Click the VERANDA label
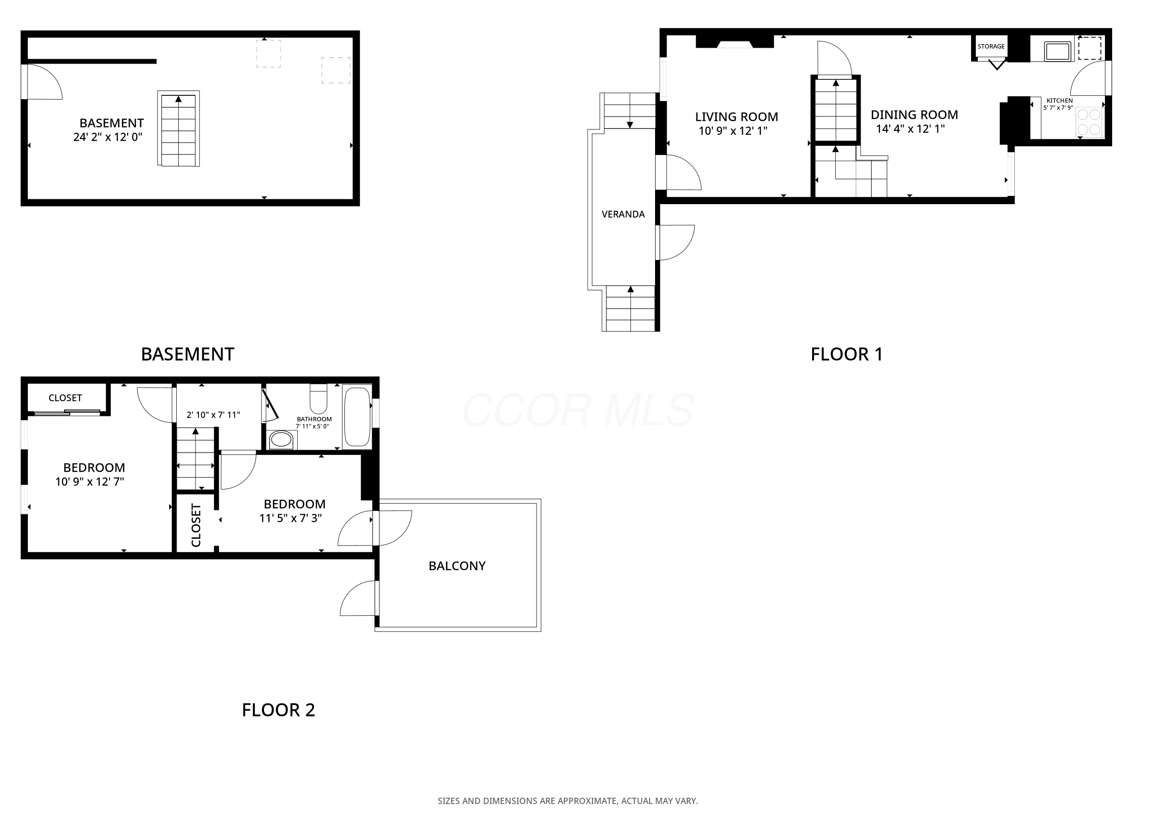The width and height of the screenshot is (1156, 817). pos(623,214)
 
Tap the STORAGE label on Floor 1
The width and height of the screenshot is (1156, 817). pos(991,46)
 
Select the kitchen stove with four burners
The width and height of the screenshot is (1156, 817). pos(1090,122)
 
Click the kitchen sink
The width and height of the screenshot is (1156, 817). pos(1057,52)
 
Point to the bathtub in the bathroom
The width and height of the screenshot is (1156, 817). pos(357,416)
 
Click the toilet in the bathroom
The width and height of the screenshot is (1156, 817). pos(318,399)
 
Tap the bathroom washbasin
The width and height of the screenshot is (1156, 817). pos(281,440)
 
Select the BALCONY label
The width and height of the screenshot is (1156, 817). pos(457,566)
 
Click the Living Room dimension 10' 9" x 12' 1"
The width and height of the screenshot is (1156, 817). pos(733,131)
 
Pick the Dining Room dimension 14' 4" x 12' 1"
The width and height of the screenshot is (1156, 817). pos(910,129)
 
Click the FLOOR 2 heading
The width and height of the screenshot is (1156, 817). pos(278,710)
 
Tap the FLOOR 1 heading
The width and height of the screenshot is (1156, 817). pos(847,354)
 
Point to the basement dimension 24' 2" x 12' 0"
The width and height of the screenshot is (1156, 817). pos(108,137)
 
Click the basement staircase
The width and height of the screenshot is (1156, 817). pos(178,129)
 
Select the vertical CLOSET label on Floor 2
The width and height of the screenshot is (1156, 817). pos(197,525)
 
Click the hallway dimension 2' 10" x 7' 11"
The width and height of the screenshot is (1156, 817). pos(213,415)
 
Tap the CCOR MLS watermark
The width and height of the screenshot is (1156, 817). pos(578,410)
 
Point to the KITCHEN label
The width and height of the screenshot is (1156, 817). pos(1060,101)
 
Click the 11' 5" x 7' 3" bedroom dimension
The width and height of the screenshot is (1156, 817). pos(290,519)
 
